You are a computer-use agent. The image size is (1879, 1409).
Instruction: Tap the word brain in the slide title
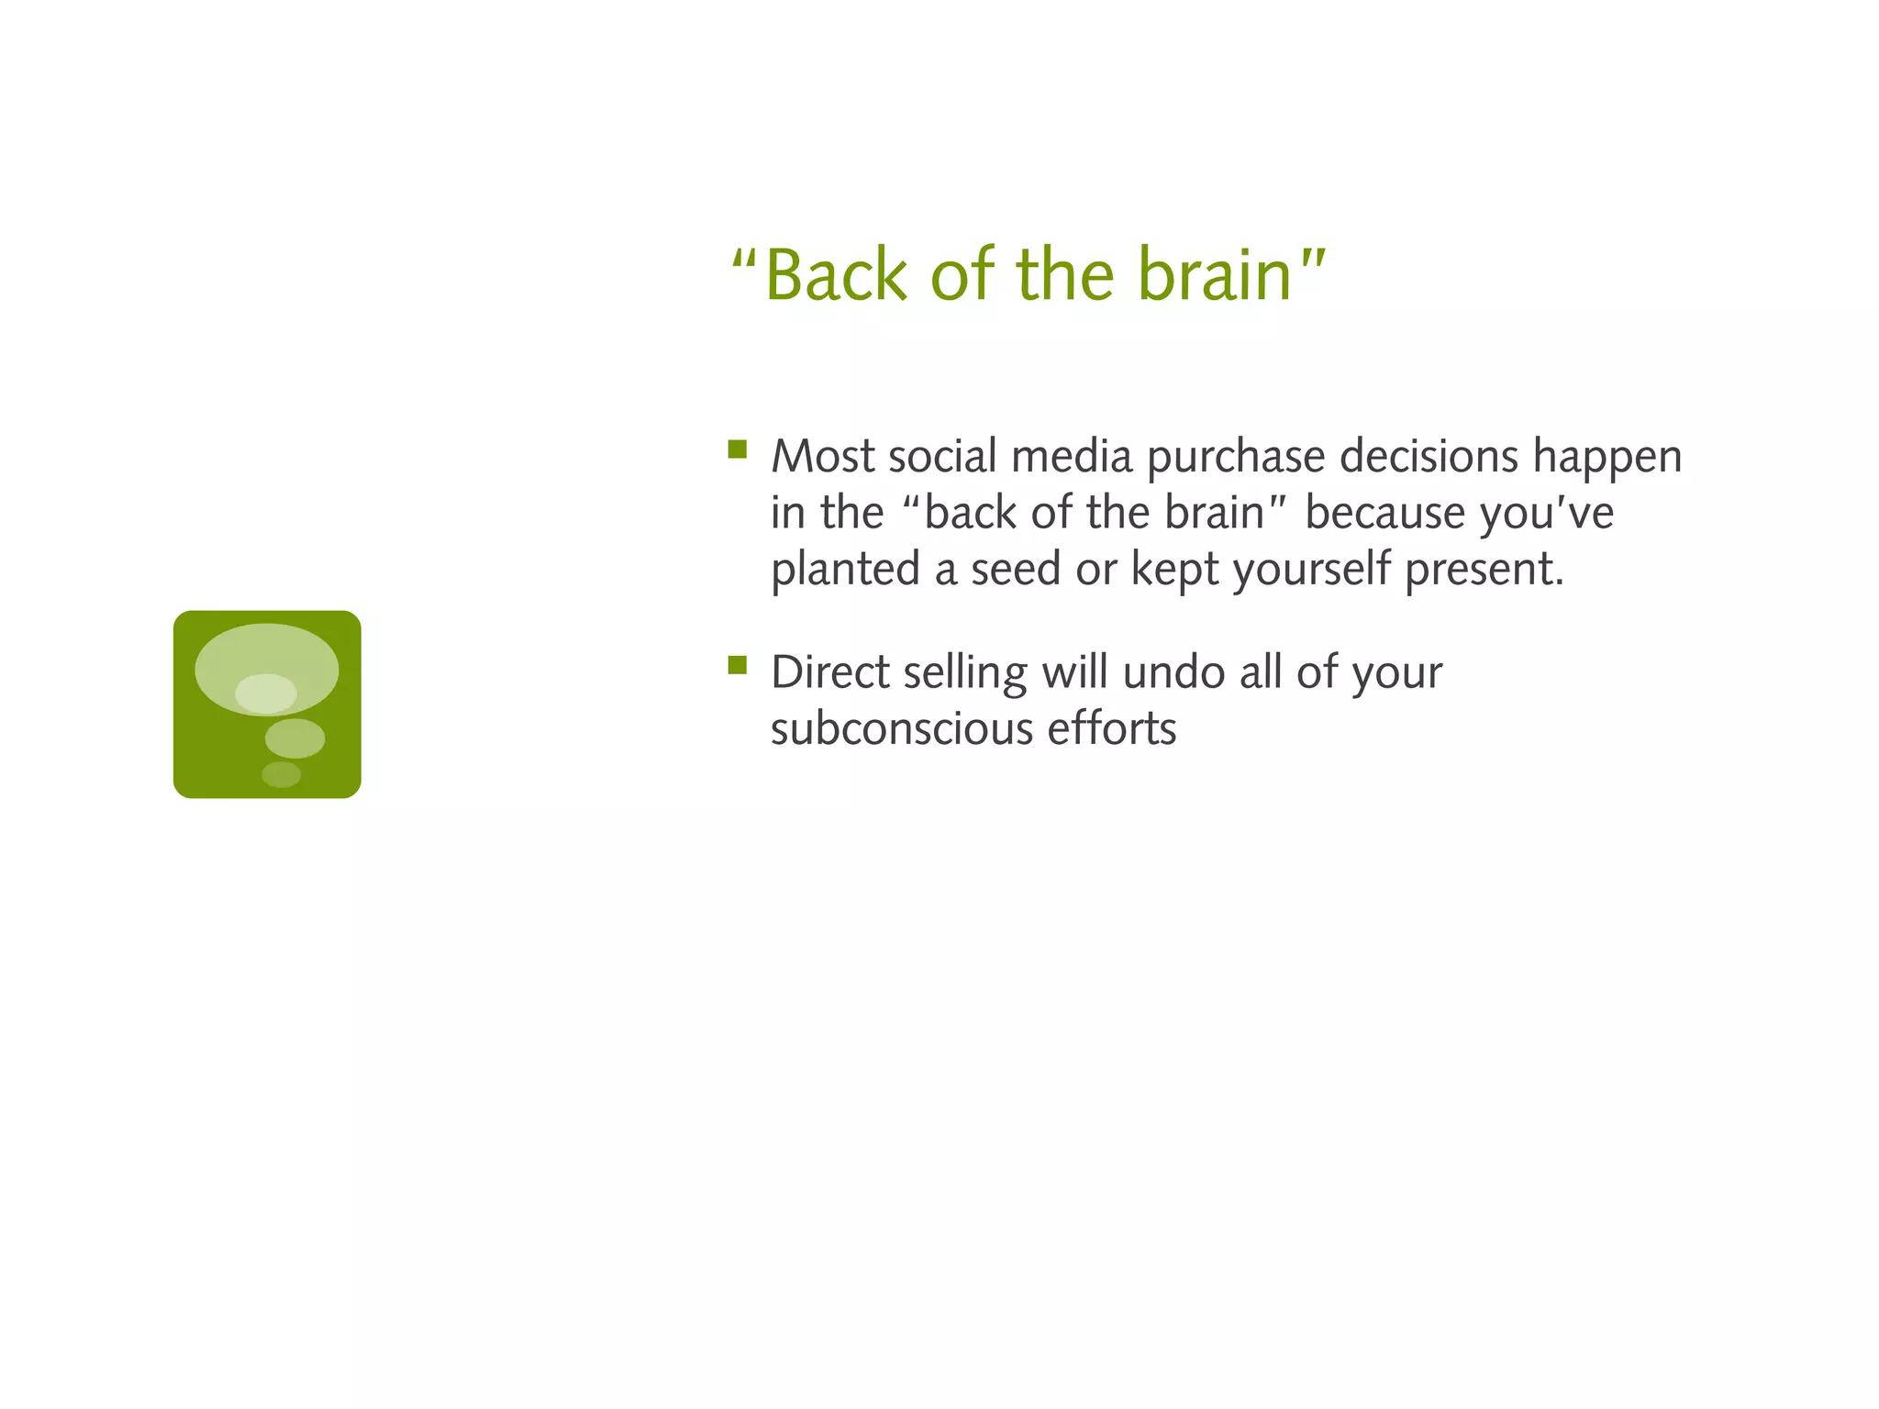pyautogui.click(x=1215, y=275)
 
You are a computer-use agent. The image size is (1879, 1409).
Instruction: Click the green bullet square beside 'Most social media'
pyautogui.click(x=738, y=449)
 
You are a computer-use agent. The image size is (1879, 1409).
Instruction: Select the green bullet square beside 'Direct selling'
pyautogui.click(x=738, y=665)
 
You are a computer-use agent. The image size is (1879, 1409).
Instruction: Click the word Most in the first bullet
pyautogui.click(x=822, y=456)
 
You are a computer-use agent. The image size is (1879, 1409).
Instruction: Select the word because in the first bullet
pyautogui.click(x=1384, y=512)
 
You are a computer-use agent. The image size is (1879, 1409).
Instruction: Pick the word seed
pyautogui.click(x=1016, y=569)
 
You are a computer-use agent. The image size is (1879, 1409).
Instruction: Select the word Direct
pyautogui.click(x=829, y=672)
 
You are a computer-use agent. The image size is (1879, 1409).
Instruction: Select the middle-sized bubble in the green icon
pyautogui.click(x=295, y=738)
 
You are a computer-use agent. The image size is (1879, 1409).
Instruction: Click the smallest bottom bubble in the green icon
pyautogui.click(x=281, y=774)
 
